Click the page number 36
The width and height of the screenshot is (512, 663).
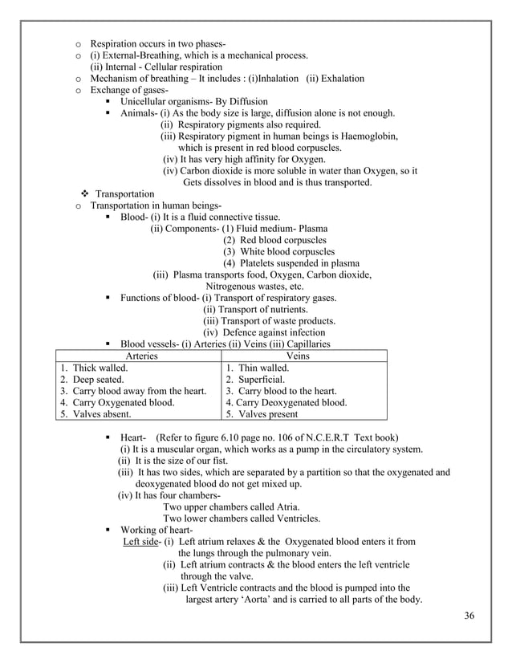coord(469,615)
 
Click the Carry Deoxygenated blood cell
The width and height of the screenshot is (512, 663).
coord(286,403)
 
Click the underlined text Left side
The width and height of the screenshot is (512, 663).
coord(140,542)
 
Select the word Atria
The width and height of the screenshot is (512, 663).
coord(285,507)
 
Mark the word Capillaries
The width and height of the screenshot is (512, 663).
coord(303,344)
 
